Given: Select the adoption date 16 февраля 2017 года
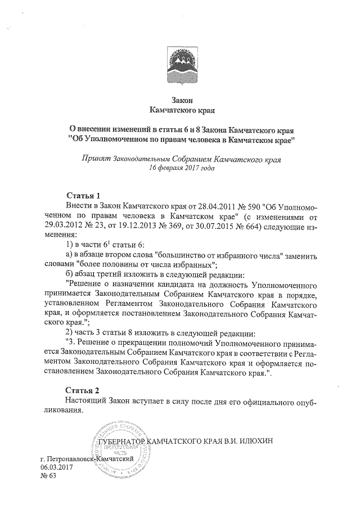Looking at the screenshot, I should pyautogui.click(x=181, y=168).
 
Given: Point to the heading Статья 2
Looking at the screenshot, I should pyautogui.click(x=83, y=390).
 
